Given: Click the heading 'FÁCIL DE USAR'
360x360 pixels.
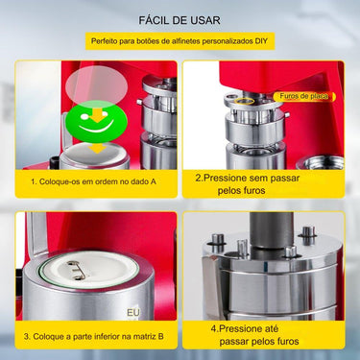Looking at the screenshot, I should [x=180, y=18].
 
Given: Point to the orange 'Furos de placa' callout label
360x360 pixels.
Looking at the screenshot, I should [x=304, y=96].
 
